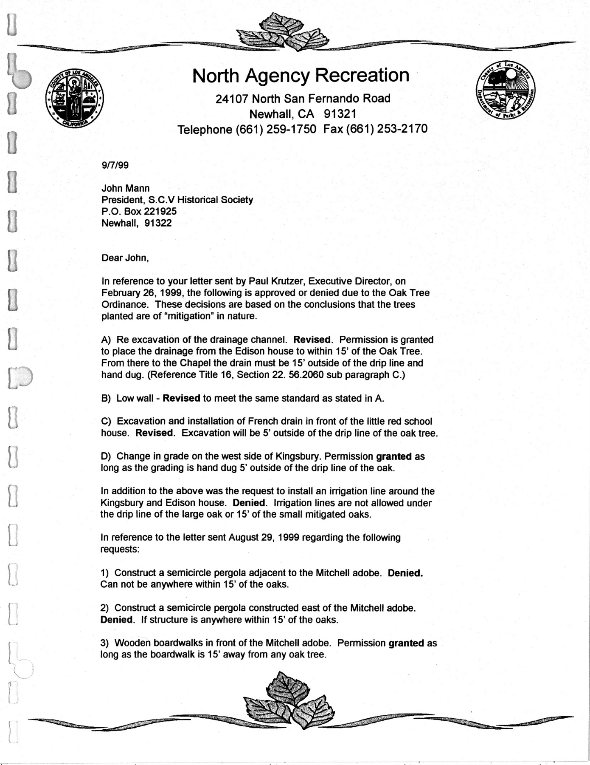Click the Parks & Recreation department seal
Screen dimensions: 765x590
tap(506, 90)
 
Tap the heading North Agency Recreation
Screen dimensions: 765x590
tap(301, 76)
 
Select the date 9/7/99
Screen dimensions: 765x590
tap(115, 165)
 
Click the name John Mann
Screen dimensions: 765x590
tap(125, 188)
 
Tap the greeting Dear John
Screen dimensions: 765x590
tap(125, 258)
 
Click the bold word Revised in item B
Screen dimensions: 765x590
tap(181, 398)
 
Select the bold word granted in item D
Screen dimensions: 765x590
tap(393, 456)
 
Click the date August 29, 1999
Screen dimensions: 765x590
tap(265, 538)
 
